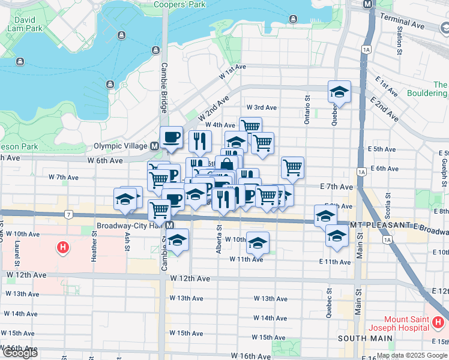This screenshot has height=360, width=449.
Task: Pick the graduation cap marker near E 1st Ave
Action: (339, 92)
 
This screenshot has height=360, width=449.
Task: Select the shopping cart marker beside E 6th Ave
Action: (292, 167)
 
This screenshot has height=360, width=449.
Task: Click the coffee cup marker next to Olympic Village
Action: (171, 137)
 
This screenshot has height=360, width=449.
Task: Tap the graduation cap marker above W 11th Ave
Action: (258, 242)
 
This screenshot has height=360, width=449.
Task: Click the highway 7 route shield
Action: (70, 214)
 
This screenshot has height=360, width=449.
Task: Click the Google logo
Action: (20, 353)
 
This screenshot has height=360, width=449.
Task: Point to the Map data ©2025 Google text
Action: (412, 355)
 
